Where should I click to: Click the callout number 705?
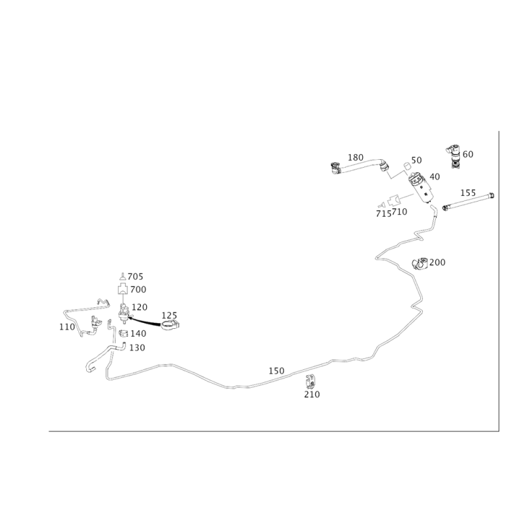(136, 276)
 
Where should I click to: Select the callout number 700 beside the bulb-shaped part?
(139, 289)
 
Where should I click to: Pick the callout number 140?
(137, 333)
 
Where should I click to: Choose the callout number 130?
(138, 348)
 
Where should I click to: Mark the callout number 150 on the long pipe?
(277, 370)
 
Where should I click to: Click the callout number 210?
(312, 395)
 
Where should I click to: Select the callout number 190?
(437, 262)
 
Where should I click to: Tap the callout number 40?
(435, 176)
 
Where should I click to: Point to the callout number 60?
(468, 154)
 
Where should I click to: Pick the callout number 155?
(468, 192)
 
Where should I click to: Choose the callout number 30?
(418, 160)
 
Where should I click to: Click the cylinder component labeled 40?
(422, 188)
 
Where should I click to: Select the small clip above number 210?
(311, 380)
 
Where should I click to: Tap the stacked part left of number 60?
(454, 155)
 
